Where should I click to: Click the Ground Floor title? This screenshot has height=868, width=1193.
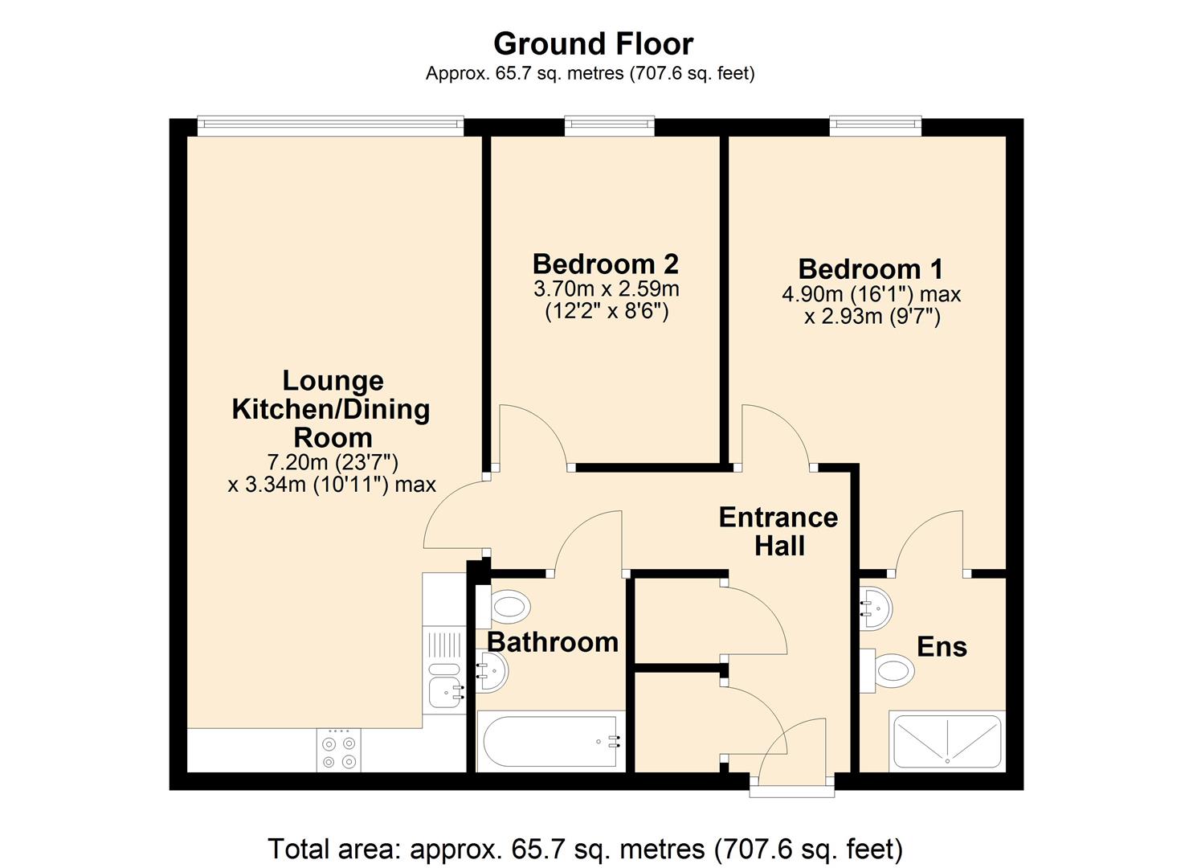tap(593, 43)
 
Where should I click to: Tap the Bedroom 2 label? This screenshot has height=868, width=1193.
tap(605, 264)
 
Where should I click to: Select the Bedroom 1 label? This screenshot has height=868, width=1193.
tap(871, 268)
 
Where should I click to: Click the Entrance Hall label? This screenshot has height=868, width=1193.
tap(778, 531)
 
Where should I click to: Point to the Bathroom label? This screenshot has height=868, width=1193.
tap(553, 642)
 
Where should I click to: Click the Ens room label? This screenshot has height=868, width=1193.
tap(942, 647)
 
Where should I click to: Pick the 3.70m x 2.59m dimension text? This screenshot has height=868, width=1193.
tap(606, 289)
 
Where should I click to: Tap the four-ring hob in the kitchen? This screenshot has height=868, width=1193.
tap(338, 751)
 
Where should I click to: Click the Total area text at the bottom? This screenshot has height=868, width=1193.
tap(585, 849)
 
